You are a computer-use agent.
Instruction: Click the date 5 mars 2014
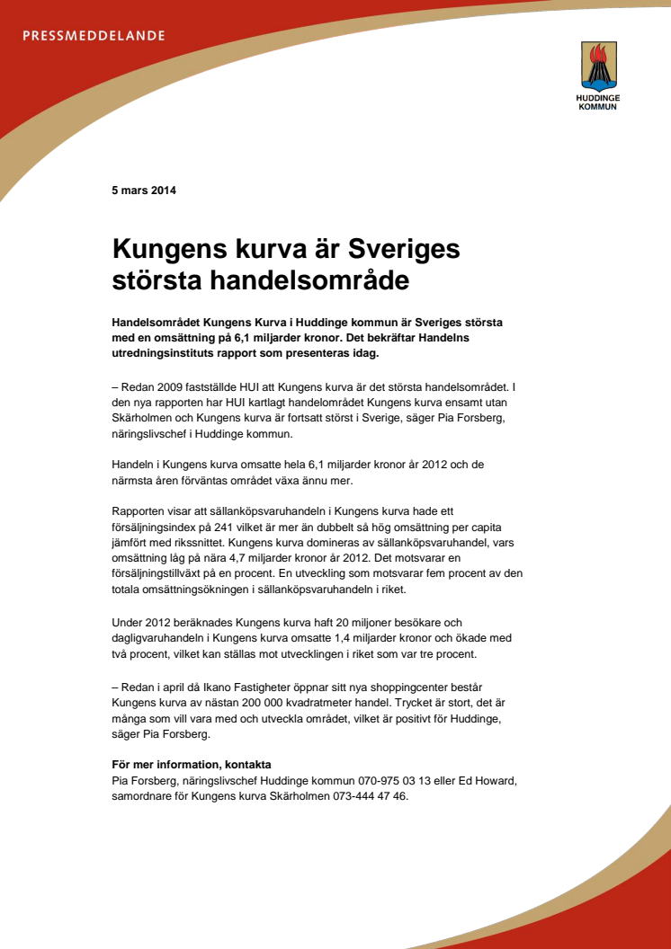pyautogui.click(x=144, y=191)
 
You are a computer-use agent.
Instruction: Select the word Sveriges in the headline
pyautogui.click(x=404, y=247)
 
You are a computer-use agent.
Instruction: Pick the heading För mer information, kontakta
pyautogui.click(x=191, y=764)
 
